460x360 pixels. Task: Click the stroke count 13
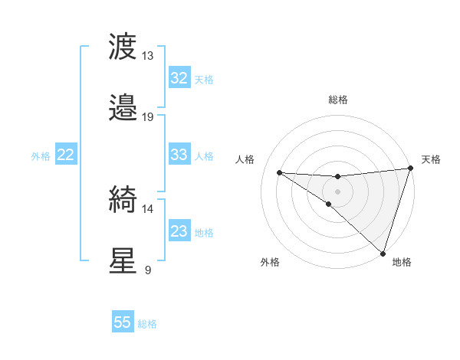click(x=147, y=56)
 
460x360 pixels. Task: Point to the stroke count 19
click(x=147, y=117)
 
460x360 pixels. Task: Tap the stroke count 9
click(x=147, y=270)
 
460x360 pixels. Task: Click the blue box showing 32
click(x=179, y=78)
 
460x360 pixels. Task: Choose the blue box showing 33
click(x=179, y=155)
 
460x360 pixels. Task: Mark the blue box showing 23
click(x=179, y=231)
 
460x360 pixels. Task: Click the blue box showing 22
click(x=65, y=155)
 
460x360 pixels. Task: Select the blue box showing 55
click(x=123, y=322)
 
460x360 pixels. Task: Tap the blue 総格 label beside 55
click(x=147, y=324)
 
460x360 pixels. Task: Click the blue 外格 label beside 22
click(x=41, y=156)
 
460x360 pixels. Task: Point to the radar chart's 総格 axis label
click(x=337, y=100)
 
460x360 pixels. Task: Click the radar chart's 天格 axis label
click(x=431, y=159)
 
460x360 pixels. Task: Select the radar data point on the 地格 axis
click(x=383, y=253)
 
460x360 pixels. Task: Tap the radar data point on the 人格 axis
click(x=279, y=172)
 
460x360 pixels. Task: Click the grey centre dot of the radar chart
click(x=337, y=191)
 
